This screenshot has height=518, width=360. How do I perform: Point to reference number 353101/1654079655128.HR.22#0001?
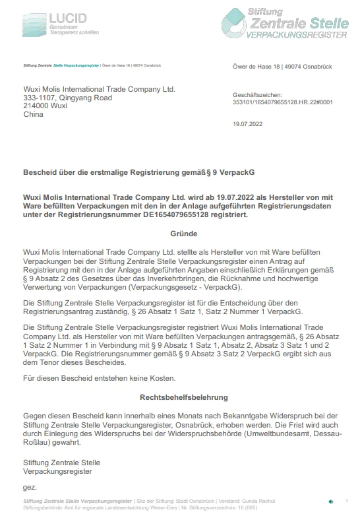click(283, 103)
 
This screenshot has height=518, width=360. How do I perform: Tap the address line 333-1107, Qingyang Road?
click(67, 98)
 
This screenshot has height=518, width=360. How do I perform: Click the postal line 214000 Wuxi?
click(45, 106)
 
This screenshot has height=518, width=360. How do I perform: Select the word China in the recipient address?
click(33, 114)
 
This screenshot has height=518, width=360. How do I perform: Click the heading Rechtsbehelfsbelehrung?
click(183, 398)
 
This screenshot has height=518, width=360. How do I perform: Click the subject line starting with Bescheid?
click(138, 172)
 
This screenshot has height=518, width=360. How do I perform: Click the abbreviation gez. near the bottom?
click(30, 487)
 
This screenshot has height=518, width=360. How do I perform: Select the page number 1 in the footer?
click(347, 502)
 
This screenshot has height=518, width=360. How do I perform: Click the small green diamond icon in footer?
click(330, 503)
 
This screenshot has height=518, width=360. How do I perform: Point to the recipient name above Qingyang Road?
click(99, 89)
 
